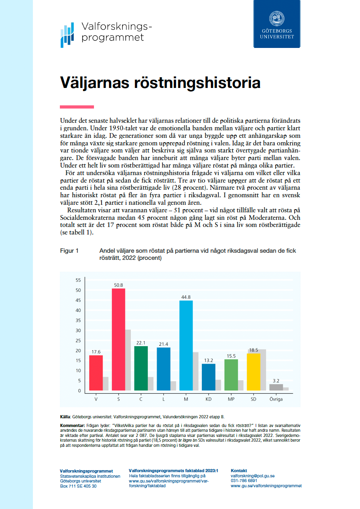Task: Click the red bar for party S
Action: pos(118,340)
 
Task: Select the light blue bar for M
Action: pos(186,346)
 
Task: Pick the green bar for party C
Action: pos(141,368)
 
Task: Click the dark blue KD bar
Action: pos(209,377)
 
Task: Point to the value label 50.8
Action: pos(118,284)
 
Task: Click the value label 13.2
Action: pos(209,360)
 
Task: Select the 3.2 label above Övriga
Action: pos(276,380)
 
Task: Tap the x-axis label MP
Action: pos(231,399)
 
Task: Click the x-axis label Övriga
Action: pos(276,399)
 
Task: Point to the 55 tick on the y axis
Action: pos(78,280)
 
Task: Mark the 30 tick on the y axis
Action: pos(78,330)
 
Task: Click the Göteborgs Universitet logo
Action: pos(277,24)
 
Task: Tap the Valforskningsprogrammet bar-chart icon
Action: pos(67,34)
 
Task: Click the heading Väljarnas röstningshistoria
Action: pos(160,83)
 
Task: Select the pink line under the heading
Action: pos(77,107)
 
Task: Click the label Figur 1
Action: pos(69,251)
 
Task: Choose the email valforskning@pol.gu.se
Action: pos(253,476)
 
